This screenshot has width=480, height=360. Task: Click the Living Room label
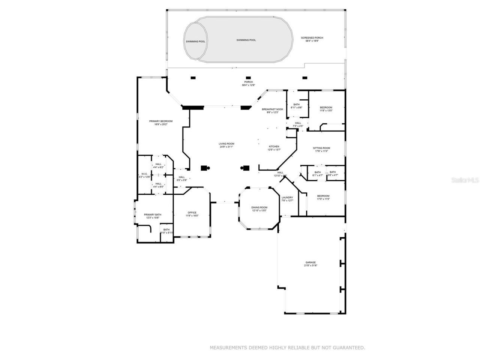[x=226, y=144]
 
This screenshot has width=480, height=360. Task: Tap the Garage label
[x=310, y=262]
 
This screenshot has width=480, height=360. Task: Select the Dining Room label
[x=259, y=207]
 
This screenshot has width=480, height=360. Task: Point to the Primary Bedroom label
[x=161, y=121]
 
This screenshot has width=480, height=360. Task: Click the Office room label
[x=192, y=213]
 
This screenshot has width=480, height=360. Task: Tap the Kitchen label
[x=274, y=147]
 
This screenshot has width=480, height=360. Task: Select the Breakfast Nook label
[x=273, y=109]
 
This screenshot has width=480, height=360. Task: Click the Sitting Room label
[x=321, y=148]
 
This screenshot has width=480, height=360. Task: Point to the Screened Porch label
[x=312, y=38]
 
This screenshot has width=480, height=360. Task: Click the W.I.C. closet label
[x=144, y=174]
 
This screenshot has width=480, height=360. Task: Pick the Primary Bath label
[x=152, y=214]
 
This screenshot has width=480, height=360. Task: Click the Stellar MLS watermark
[x=465, y=180]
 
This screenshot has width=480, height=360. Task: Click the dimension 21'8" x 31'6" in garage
[x=310, y=265]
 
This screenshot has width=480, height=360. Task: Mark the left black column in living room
[x=205, y=168]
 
